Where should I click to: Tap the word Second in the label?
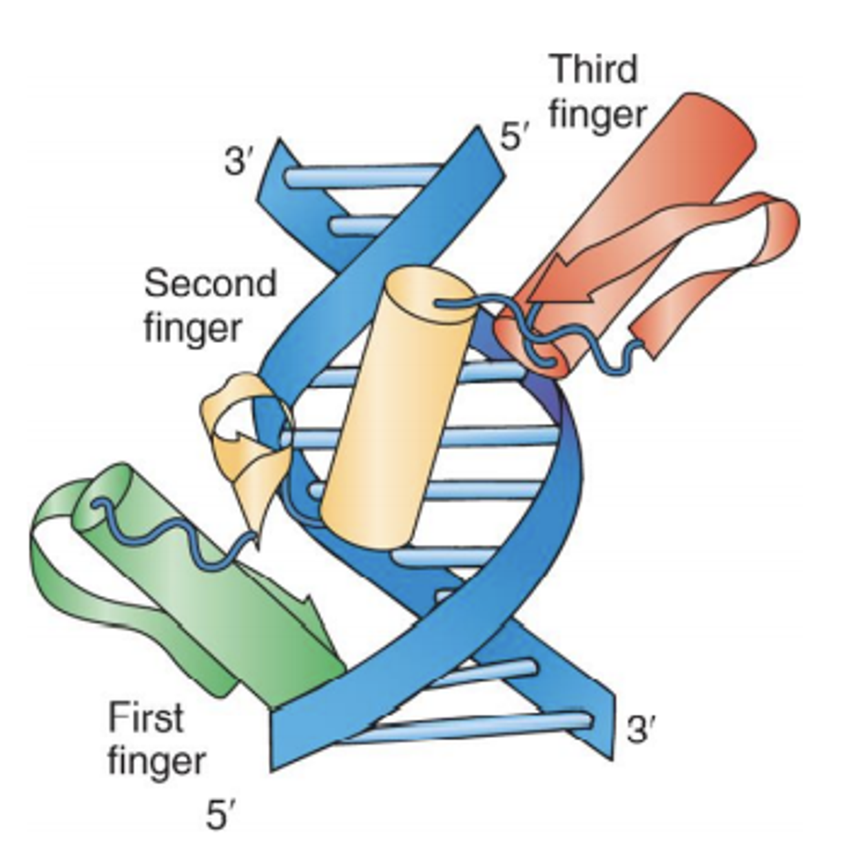[x=210, y=284]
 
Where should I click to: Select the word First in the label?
[x=146, y=717]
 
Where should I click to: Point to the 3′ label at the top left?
[x=237, y=161]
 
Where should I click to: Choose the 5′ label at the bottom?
[x=219, y=815]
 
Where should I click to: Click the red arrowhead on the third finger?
[x=562, y=284]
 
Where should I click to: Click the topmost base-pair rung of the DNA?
[x=362, y=176]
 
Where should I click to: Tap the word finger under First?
[x=156, y=762]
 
